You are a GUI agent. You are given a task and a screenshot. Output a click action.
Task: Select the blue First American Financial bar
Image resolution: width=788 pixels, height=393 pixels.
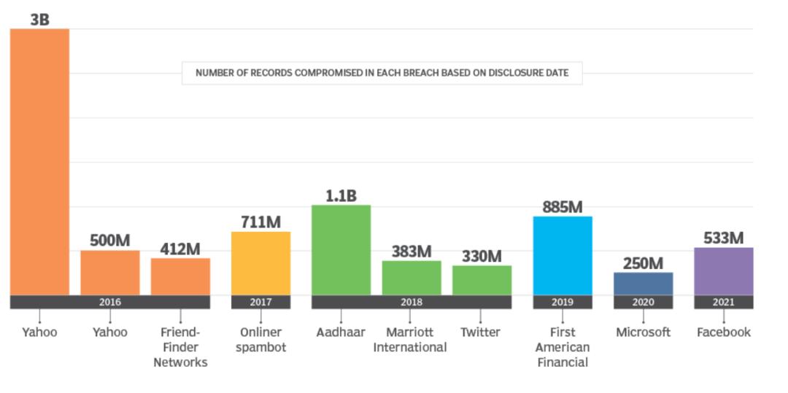(x=562, y=255)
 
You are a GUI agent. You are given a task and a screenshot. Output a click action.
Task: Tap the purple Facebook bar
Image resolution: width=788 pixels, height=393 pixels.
(x=723, y=271)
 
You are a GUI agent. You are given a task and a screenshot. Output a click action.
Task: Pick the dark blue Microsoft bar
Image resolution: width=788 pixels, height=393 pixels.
(x=643, y=284)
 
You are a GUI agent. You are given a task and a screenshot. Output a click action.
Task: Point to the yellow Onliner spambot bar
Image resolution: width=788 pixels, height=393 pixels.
(x=260, y=263)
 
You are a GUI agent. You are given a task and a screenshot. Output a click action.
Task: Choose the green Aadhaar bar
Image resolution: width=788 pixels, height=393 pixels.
(x=341, y=250)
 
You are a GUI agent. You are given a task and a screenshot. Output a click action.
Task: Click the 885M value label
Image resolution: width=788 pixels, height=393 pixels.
(x=562, y=207)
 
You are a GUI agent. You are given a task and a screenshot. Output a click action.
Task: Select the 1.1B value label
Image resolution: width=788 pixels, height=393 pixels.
(x=341, y=195)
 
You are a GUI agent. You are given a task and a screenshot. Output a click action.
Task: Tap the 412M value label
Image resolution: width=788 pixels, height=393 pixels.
(x=180, y=249)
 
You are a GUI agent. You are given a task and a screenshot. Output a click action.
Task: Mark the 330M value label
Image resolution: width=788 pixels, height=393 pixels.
(x=482, y=257)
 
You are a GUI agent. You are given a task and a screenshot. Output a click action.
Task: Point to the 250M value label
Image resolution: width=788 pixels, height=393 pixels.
(x=643, y=263)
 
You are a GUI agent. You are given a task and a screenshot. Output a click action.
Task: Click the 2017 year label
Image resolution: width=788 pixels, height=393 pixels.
(x=260, y=302)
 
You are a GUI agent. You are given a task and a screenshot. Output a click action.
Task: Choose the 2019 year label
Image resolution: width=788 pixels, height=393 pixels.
(x=562, y=302)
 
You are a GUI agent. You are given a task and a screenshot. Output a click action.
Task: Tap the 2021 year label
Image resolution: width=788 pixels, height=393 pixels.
(x=723, y=302)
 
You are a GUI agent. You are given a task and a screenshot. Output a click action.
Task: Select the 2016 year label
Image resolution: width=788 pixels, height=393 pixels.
(x=109, y=302)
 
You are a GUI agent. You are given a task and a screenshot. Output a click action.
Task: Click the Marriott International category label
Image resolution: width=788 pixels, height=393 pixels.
(x=409, y=340)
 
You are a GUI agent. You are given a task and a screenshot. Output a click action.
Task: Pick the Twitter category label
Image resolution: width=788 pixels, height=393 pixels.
(x=480, y=332)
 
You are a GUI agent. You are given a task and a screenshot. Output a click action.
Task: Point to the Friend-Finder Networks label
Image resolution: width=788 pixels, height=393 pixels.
(x=180, y=347)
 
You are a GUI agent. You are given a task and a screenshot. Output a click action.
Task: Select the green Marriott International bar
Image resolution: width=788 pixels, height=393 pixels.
(x=412, y=278)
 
